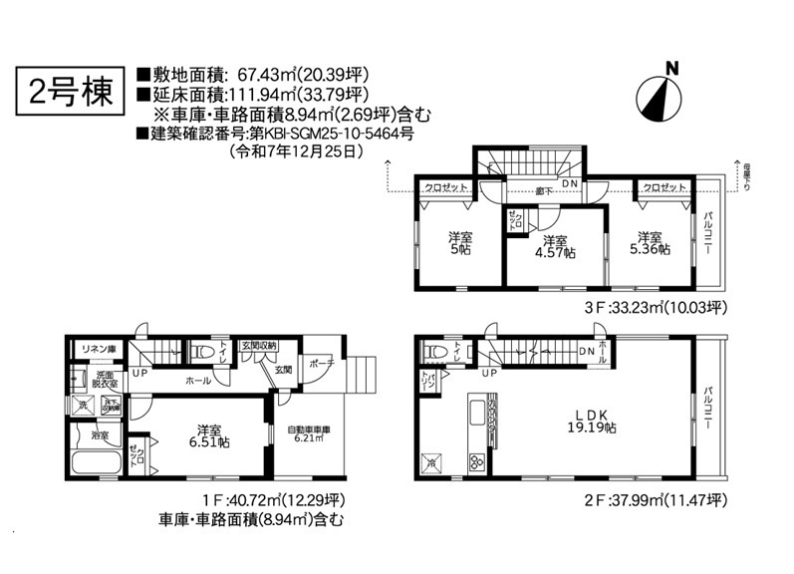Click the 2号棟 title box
click(x=70, y=93)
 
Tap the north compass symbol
click(x=659, y=94)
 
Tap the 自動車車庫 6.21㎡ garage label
click(x=308, y=434)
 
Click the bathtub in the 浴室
click(x=95, y=463)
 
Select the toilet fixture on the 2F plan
click(x=434, y=353)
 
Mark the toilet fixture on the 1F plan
click(x=202, y=352)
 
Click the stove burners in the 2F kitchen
click(x=476, y=461)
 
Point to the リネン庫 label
click(x=98, y=348)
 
